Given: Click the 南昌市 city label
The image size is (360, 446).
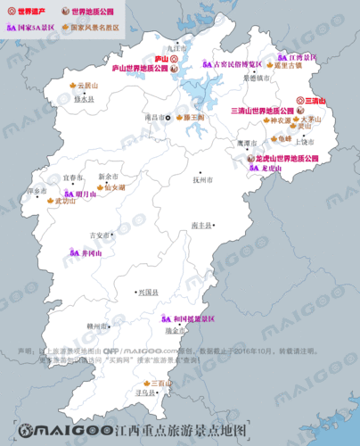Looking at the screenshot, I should tap(153, 117).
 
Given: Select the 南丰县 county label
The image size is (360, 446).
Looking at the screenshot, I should tap(201, 227).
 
